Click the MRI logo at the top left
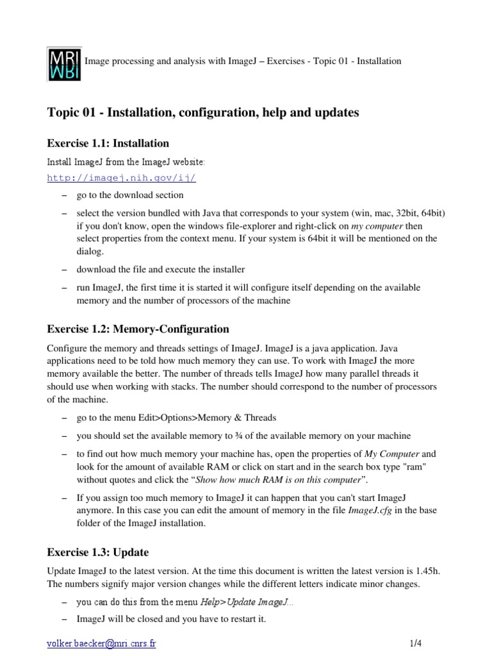(x=65, y=63)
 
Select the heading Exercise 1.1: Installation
(x=108, y=143)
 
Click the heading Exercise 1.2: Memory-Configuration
(x=138, y=329)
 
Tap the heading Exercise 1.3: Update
(x=98, y=552)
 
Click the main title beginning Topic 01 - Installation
(x=203, y=113)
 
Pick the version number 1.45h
(x=432, y=570)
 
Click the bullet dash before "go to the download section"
(x=65, y=195)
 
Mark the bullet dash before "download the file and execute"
(x=65, y=269)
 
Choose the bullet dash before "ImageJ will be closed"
(x=65, y=620)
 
